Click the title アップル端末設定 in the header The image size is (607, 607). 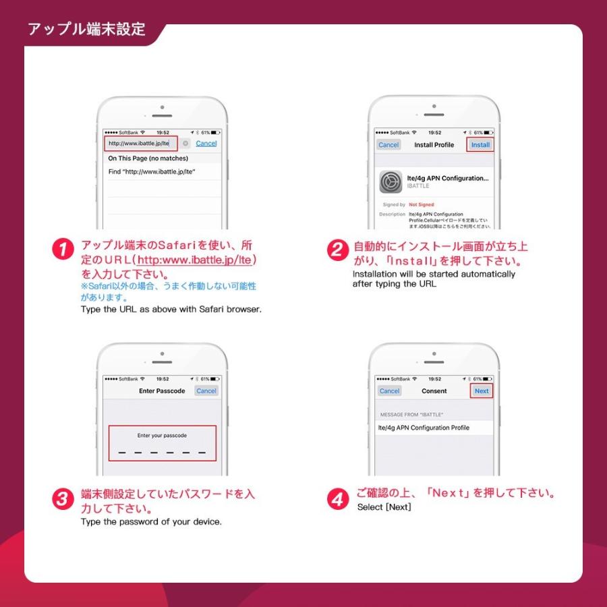pos(86,30)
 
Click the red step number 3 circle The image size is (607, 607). pos(63,499)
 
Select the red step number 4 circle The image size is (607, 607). pos(337,499)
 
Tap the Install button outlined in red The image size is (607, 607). pos(480,145)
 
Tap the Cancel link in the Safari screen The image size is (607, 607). pos(206,144)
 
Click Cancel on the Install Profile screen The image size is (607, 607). pos(388,145)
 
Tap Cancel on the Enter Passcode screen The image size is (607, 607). pos(206,391)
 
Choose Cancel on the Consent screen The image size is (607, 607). pos(389,391)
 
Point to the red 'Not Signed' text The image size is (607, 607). pos(422,204)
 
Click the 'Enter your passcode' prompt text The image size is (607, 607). pos(162,436)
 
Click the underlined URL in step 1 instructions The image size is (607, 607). pos(198,260)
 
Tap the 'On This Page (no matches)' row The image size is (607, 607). pos(148,158)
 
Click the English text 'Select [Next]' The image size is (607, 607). pos(383,507)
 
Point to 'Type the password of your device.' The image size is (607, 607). pos(151,522)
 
